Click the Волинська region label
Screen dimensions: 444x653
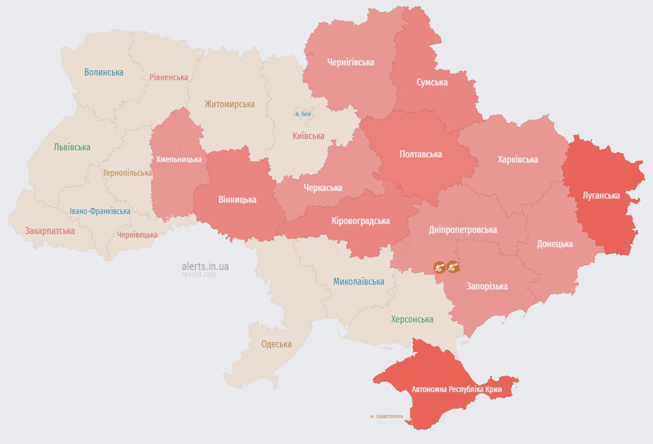tap(104, 72)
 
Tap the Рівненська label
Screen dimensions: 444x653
tap(169, 77)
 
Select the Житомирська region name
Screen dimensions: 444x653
tap(230, 104)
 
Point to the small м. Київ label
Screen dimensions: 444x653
tap(303, 114)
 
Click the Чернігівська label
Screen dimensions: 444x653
tap(351, 62)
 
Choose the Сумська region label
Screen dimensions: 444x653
tap(431, 82)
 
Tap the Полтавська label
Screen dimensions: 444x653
tap(420, 154)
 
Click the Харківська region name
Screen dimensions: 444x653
tap(517, 159)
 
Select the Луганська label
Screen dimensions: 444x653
tap(600, 195)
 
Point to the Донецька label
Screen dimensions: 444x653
tap(555, 244)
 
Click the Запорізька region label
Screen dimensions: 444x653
tap(487, 286)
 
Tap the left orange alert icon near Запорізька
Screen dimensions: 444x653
tap(439, 267)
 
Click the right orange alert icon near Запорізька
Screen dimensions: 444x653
tap(453, 267)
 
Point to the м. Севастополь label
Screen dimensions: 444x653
tap(387, 416)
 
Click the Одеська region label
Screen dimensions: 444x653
tap(276, 344)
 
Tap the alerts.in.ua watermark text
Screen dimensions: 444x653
tap(205, 267)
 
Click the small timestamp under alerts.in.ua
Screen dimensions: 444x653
tap(199, 275)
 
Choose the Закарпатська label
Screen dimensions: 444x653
tap(50, 231)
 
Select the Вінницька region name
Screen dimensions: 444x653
tap(238, 199)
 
